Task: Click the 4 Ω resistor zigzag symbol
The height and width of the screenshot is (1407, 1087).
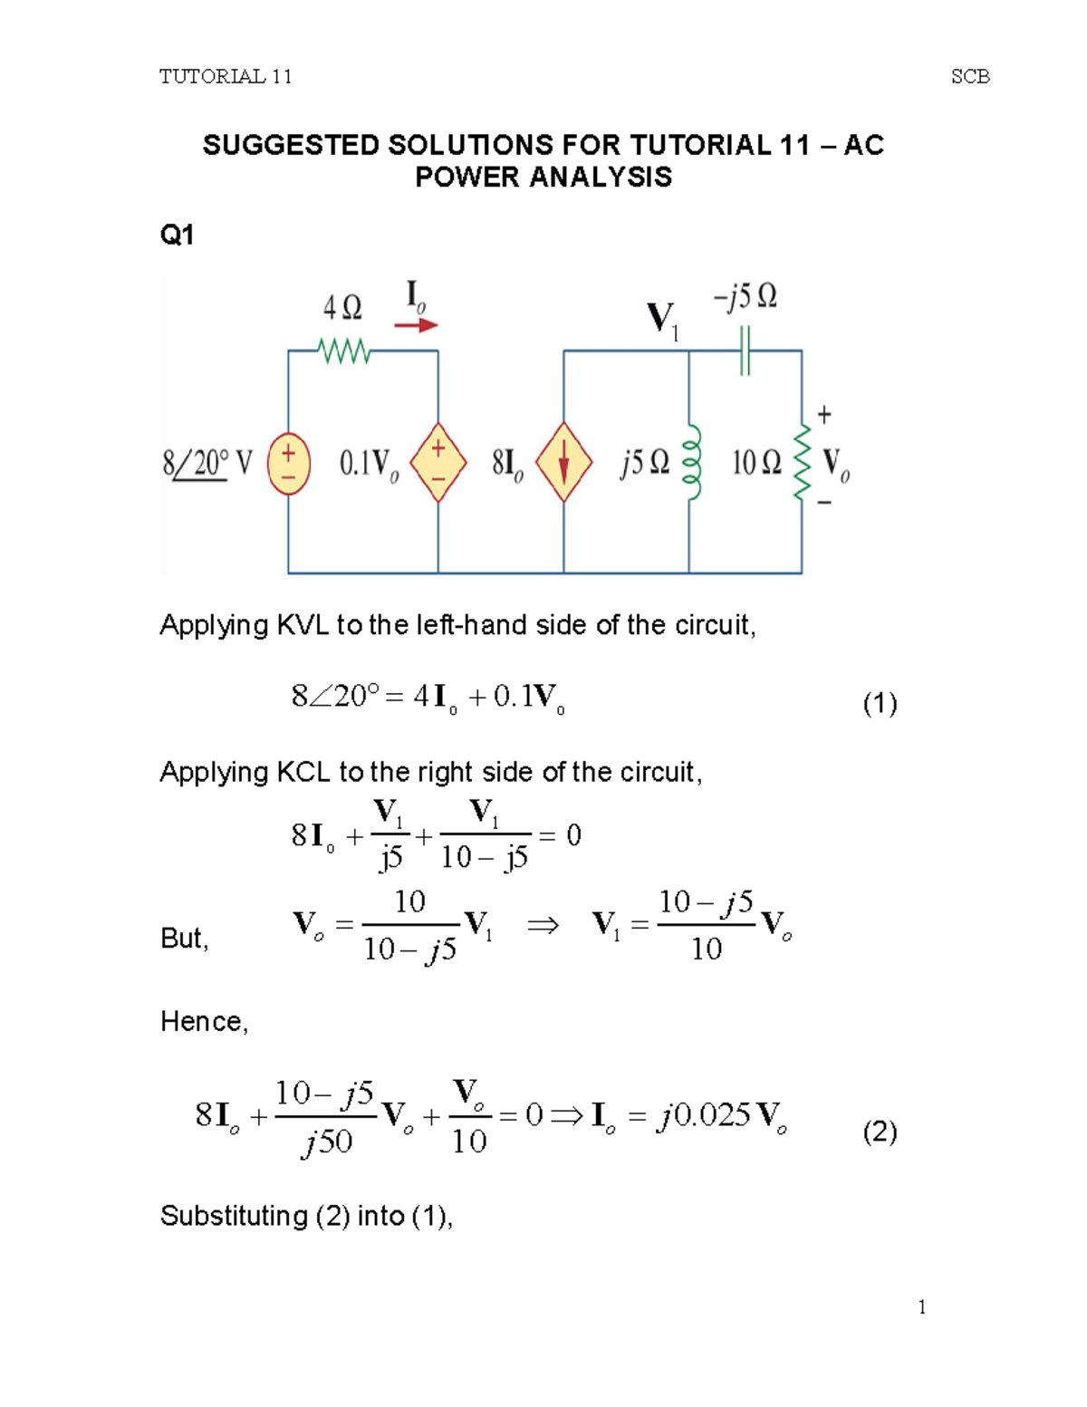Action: [344, 351]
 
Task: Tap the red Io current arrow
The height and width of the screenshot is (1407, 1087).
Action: [417, 325]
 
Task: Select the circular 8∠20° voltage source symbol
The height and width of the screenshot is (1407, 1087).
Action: [289, 464]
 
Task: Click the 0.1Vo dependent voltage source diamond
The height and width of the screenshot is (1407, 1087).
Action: [438, 462]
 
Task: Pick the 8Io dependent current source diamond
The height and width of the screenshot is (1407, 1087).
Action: [563, 462]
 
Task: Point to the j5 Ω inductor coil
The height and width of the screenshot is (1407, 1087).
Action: [691, 462]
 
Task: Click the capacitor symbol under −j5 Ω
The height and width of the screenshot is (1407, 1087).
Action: [745, 351]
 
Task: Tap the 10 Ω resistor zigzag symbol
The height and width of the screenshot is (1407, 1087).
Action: [802, 462]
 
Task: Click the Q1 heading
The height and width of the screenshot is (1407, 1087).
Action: [177, 236]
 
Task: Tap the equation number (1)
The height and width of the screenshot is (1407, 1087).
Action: [880, 703]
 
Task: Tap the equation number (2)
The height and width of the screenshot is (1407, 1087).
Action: [880, 1132]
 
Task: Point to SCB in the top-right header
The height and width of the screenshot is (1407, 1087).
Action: [970, 77]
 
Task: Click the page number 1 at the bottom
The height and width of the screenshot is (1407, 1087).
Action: [921, 1306]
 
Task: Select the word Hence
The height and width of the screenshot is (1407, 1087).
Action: [202, 1022]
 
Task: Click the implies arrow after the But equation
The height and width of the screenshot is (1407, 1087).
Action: [543, 925]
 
